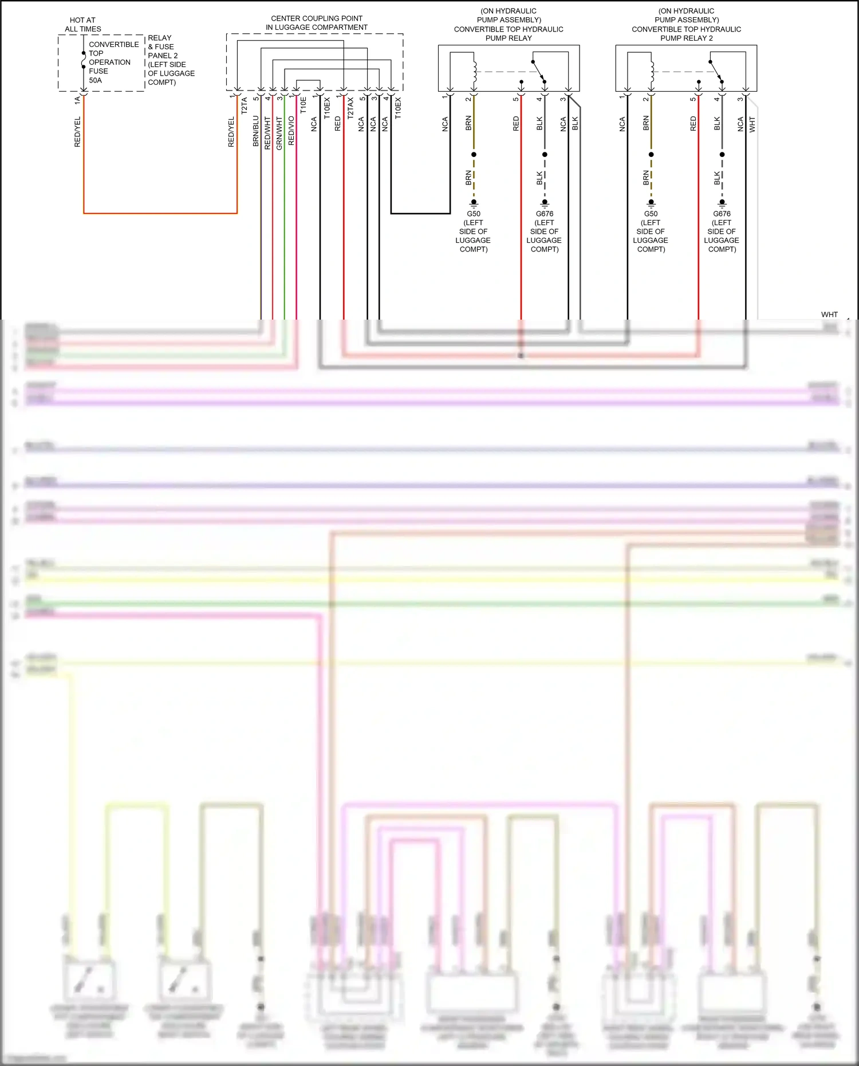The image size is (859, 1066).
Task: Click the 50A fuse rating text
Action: [x=96, y=80]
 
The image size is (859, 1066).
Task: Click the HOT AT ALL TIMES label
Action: [x=83, y=24]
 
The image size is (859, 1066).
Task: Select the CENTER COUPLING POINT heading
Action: [x=317, y=22]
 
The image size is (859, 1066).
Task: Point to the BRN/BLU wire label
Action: [x=256, y=131]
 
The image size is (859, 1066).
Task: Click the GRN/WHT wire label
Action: [x=279, y=133]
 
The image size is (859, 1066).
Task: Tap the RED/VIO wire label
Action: [x=291, y=131]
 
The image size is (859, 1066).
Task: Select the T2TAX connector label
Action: [x=350, y=108]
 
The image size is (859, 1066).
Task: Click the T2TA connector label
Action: [x=245, y=105]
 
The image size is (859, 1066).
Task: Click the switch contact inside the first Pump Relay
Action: [x=539, y=71]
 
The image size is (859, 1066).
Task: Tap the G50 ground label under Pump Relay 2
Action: [x=651, y=214]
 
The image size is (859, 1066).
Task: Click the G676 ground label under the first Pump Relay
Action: [x=545, y=214]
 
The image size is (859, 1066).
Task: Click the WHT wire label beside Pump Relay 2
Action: [x=752, y=124]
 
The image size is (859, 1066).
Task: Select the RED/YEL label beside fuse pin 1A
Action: [x=78, y=132]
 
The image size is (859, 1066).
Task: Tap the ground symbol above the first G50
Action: [x=474, y=203]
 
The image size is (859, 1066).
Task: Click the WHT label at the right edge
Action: [x=829, y=314]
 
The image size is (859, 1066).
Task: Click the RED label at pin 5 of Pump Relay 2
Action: [x=693, y=124]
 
